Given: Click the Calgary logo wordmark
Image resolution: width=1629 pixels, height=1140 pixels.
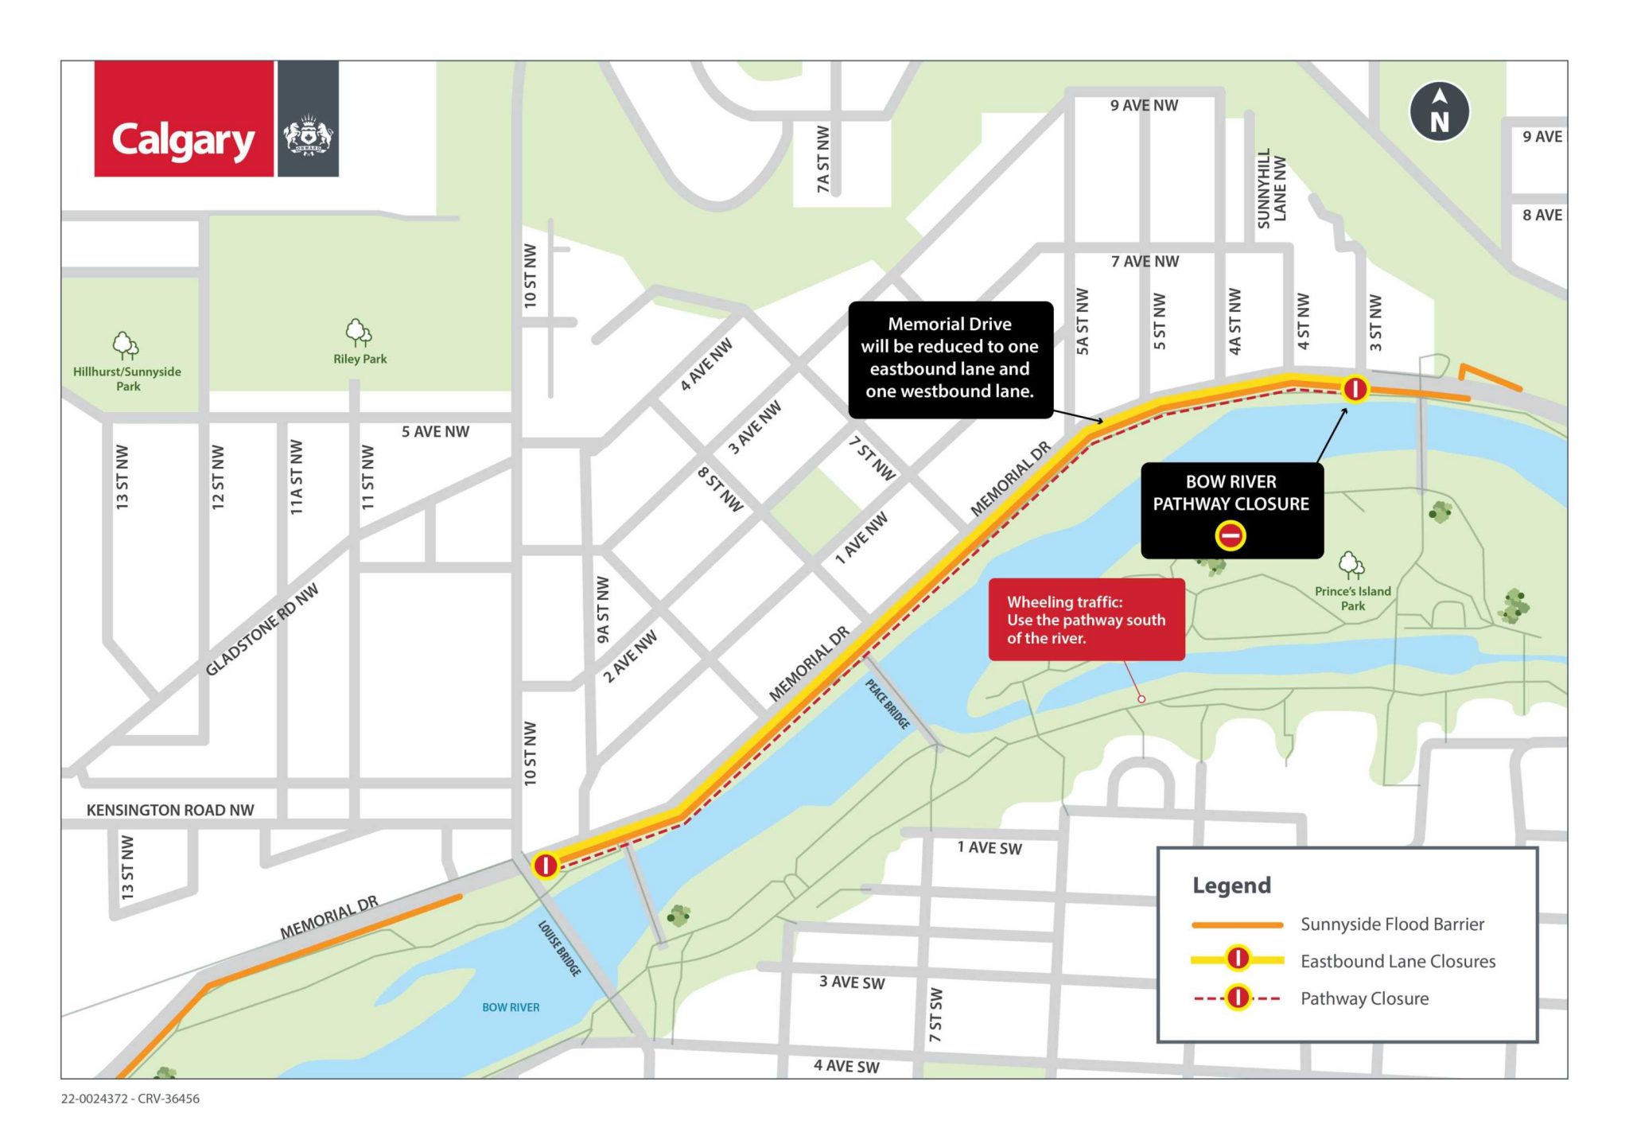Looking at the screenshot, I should (x=183, y=141).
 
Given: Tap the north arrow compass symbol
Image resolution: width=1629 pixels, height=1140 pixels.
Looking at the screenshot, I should (x=1439, y=112).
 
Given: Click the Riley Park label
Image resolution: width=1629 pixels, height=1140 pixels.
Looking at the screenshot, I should (x=360, y=359).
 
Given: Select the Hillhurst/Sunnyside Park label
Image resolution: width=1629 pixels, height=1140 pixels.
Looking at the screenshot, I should (x=127, y=379).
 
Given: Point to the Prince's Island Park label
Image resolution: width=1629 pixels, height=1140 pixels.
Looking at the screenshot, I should (x=1352, y=598).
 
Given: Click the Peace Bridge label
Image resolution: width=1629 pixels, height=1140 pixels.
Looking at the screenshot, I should (x=888, y=704).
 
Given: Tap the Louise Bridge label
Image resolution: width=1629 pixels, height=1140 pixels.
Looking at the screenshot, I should (x=559, y=948).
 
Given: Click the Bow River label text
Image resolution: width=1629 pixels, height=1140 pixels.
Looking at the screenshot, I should (x=511, y=1007).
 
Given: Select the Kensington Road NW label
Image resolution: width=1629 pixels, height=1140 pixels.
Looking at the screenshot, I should (x=170, y=810).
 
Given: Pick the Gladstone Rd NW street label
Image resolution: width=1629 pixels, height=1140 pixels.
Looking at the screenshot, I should (x=262, y=629).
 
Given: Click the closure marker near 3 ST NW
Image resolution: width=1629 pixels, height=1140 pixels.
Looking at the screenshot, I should (x=1355, y=389).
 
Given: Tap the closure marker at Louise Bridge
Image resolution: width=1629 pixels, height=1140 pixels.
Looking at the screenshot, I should (x=546, y=865).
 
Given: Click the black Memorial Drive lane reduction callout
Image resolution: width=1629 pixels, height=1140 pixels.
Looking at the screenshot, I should (x=951, y=359).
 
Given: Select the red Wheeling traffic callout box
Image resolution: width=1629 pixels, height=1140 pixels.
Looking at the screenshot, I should (x=1086, y=620).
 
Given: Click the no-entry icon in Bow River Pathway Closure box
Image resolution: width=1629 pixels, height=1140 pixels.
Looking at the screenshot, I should (x=1230, y=535).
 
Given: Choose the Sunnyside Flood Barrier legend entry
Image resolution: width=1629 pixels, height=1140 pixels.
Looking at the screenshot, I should (x=1392, y=924).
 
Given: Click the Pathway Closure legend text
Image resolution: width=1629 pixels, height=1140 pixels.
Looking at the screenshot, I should (x=1364, y=998).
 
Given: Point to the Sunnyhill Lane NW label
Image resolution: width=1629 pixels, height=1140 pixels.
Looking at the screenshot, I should (x=1271, y=188).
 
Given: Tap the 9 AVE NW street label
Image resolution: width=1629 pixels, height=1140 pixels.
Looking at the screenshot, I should (x=1144, y=105).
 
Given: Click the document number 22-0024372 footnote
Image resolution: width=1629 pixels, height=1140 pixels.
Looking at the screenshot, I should (x=130, y=1099).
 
